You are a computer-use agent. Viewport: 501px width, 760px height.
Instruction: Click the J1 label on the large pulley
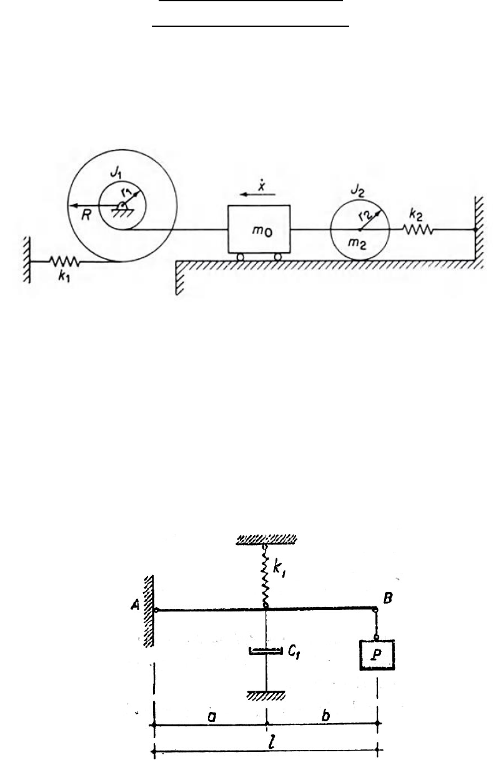(x=116, y=173)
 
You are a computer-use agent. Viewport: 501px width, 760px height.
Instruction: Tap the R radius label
(x=86, y=215)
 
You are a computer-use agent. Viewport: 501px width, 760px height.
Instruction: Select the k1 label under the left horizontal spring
(x=64, y=277)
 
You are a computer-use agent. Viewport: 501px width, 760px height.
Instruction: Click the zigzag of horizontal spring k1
(x=64, y=261)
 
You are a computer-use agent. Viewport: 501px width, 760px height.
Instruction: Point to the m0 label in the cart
(x=262, y=231)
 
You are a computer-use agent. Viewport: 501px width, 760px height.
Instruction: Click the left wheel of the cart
(x=241, y=257)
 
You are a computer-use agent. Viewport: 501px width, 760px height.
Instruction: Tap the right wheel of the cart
(x=278, y=257)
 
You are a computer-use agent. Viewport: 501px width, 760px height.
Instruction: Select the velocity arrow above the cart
(x=257, y=194)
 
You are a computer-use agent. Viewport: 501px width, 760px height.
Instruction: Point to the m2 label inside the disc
(x=357, y=244)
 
